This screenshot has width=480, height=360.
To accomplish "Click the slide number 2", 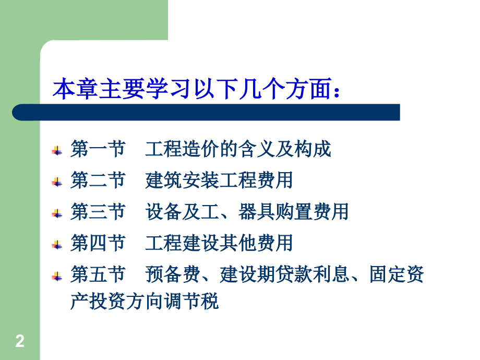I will point(20,342).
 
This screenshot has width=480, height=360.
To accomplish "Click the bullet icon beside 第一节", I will point(56,151).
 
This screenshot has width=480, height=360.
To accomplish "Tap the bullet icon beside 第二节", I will point(56,182).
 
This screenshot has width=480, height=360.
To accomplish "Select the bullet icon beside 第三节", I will point(56,213).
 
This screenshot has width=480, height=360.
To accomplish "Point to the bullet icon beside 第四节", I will point(56,245).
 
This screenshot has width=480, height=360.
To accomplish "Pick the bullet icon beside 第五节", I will point(56,276).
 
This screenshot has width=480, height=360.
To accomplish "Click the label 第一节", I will point(98,150).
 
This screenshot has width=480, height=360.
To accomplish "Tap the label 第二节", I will point(98,181).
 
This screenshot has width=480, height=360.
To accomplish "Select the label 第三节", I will point(98,212).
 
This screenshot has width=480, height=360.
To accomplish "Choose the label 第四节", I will point(98,243).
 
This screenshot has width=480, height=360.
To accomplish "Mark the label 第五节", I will point(98,274).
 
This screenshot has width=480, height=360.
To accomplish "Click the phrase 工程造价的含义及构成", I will point(238,150).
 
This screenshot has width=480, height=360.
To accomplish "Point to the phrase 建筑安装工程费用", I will point(219,181).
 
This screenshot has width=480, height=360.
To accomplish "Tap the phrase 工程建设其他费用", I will point(219,243).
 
